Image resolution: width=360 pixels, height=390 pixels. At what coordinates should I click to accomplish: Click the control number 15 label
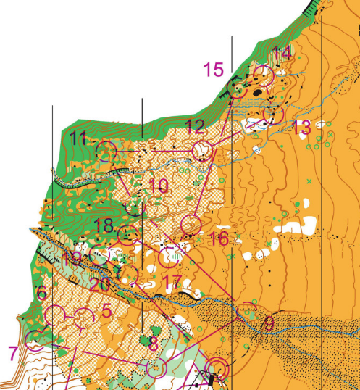tap(214, 70)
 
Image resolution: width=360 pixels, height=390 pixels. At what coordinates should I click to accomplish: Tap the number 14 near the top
tap(282, 53)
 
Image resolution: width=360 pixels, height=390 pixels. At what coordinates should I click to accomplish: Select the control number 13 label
tap(302, 128)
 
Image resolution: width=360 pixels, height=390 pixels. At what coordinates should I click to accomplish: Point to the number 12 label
tap(195, 127)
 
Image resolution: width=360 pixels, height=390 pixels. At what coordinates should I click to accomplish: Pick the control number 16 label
tap(217, 238)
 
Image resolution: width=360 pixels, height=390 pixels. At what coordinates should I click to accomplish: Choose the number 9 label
tap(268, 323)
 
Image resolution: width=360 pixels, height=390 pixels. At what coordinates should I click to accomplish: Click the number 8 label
tap(153, 344)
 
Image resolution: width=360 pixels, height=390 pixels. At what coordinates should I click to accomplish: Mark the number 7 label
tap(13, 353)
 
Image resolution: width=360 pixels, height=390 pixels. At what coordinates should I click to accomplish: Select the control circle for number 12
tap(203, 151)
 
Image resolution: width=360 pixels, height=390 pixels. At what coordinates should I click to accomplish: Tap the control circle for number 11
tap(107, 152)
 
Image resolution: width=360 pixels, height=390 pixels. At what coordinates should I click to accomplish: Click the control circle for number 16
tap(190, 224)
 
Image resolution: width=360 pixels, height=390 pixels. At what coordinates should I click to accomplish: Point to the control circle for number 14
tap(262, 75)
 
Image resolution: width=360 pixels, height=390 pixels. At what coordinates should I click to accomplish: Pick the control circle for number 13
tap(275, 115)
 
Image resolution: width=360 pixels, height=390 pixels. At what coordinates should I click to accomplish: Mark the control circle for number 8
tap(156, 368)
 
